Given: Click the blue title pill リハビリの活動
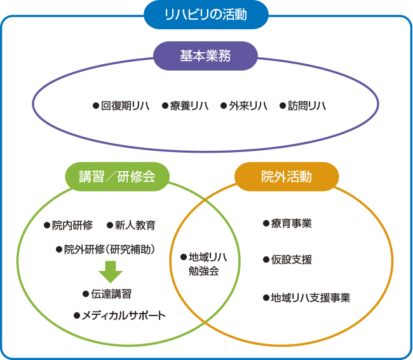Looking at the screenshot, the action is coord(206,15).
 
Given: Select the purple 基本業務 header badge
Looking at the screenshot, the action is coord(205,56).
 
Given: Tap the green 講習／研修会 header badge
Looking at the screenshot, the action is coord(117,176).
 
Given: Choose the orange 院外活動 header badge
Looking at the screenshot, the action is coord(287,176).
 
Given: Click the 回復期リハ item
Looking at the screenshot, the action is coord(121,106).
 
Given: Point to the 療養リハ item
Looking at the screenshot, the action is coord(185,106).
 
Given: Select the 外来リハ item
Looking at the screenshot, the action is coord(244,106).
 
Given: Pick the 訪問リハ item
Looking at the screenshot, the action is coord(303,106).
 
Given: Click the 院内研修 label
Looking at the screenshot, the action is coord(69,225).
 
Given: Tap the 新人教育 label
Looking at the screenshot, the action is coord(131,225).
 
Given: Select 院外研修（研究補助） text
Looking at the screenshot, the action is coord(105,249).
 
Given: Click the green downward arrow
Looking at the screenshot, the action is coord(111,272).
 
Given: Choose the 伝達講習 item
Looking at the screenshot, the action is coord(107,294).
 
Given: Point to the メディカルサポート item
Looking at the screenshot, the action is coord(120,315).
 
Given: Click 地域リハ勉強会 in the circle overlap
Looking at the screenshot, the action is coord(204,264).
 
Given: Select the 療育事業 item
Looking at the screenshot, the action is coord(288,223).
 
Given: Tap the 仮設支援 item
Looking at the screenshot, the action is coord(288,260).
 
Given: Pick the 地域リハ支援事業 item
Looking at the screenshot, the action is coord(307,298).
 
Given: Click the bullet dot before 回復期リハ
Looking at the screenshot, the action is coord(96,106).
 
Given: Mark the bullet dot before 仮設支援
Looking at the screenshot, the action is coord(266,260).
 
